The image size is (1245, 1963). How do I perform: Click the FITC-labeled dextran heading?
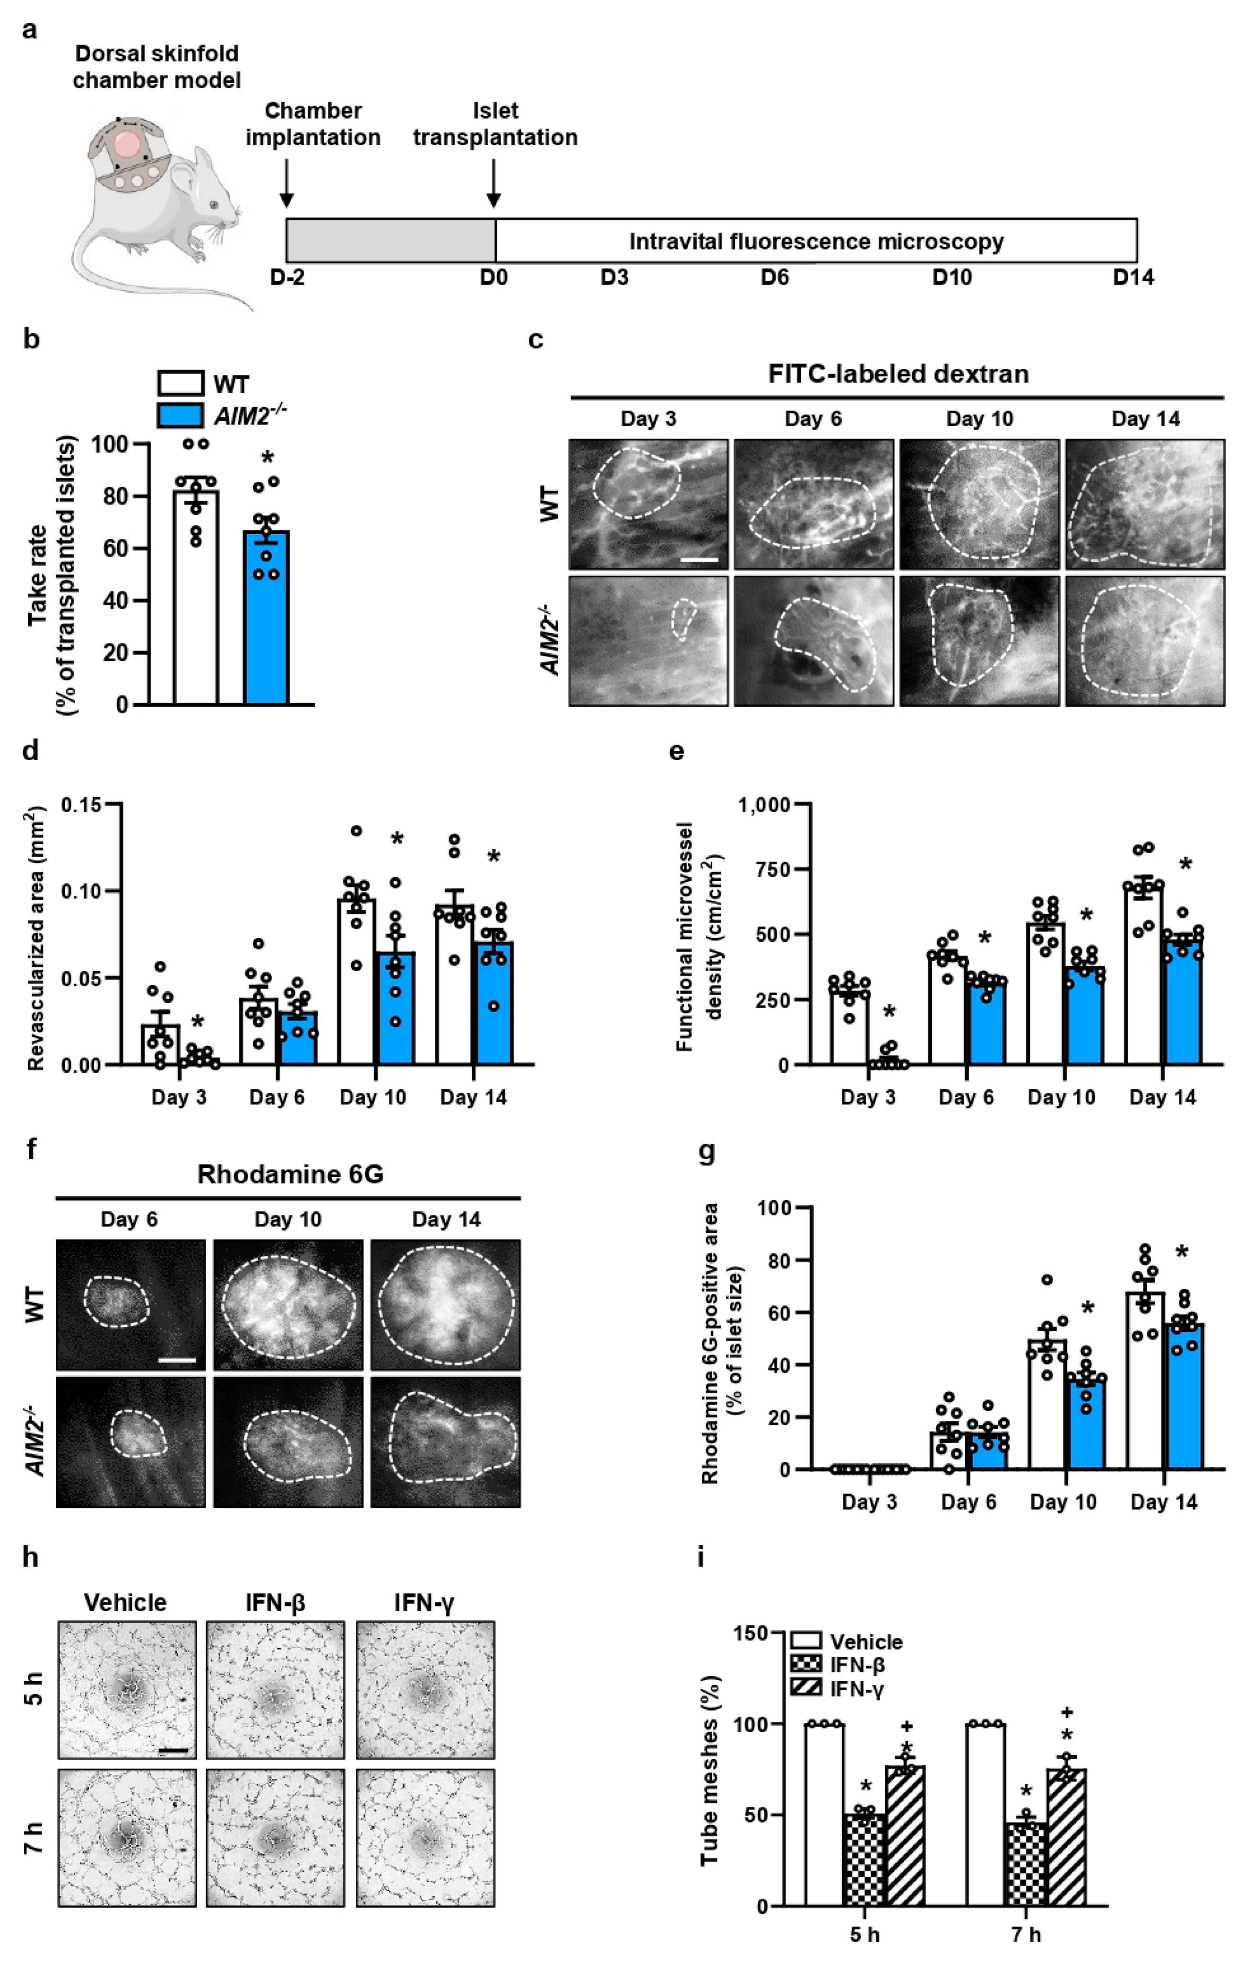click(898, 374)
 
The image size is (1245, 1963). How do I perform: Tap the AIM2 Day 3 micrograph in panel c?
click(648, 641)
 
